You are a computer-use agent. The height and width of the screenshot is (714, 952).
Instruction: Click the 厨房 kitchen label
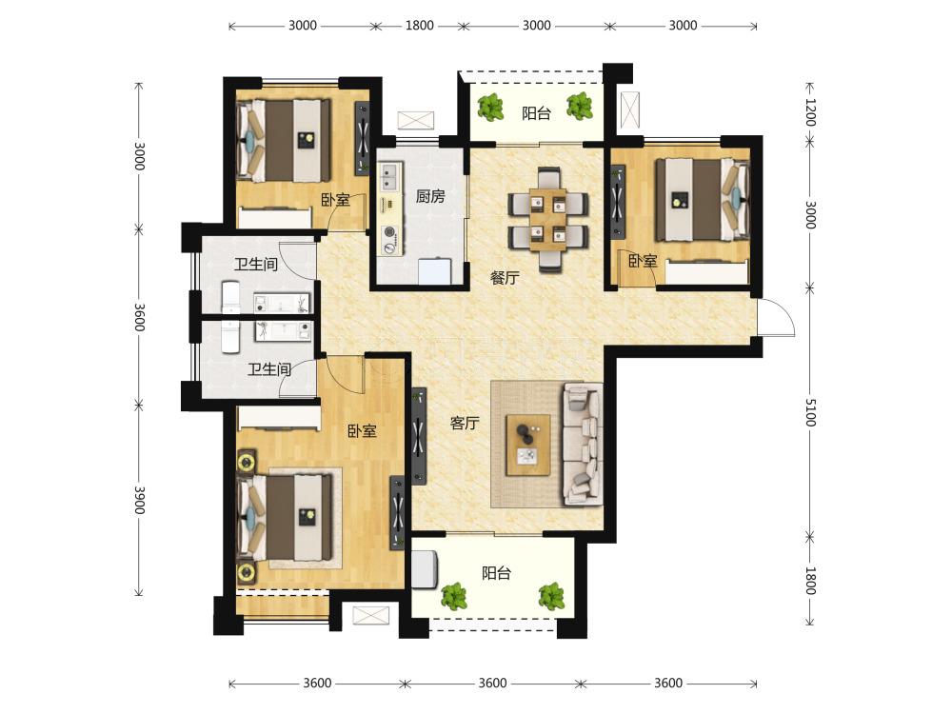[430, 196]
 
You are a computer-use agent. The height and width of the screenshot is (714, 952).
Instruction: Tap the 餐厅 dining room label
[505, 278]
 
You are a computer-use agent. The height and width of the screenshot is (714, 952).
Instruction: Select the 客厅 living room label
[465, 423]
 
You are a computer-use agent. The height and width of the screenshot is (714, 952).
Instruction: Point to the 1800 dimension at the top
[419, 26]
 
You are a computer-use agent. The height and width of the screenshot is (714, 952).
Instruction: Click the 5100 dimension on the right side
[810, 412]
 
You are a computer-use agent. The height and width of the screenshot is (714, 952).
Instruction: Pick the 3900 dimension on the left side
[139, 500]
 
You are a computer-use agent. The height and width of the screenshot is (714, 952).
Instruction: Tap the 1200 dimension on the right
[810, 112]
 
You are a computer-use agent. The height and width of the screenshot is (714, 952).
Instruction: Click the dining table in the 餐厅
[547, 219]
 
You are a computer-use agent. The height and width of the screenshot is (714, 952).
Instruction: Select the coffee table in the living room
[528, 445]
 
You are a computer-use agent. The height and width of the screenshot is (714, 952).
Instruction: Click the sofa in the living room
[583, 444]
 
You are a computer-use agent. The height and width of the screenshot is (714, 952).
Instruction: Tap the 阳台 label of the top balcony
[536, 113]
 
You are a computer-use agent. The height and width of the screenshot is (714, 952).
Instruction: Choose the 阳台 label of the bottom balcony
[496, 572]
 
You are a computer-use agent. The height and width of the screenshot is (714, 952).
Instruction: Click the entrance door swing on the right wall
[777, 317]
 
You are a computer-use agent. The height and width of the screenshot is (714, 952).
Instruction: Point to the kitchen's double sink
[388, 177]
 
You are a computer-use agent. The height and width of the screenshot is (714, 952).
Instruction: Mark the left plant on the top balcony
[490, 108]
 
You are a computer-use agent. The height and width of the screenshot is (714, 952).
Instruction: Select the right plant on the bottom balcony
[551, 596]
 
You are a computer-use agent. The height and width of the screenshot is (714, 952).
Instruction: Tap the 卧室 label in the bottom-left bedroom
[362, 431]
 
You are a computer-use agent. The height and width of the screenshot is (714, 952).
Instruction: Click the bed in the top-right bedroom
[704, 200]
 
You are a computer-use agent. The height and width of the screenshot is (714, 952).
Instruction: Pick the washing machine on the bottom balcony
[425, 569]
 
